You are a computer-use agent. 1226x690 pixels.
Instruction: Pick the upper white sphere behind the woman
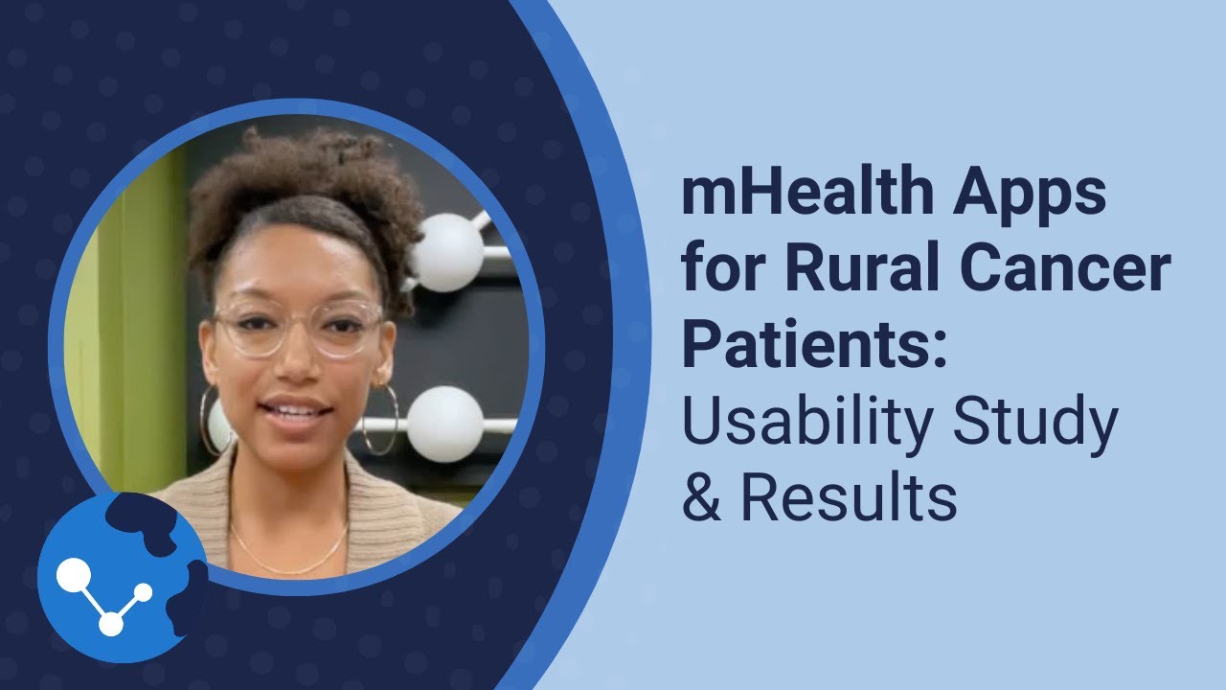[446, 253]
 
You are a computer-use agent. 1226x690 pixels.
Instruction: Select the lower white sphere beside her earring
[444, 424]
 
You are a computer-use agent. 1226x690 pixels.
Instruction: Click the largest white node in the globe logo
[73, 576]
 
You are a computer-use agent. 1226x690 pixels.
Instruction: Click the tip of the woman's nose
[293, 369]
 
